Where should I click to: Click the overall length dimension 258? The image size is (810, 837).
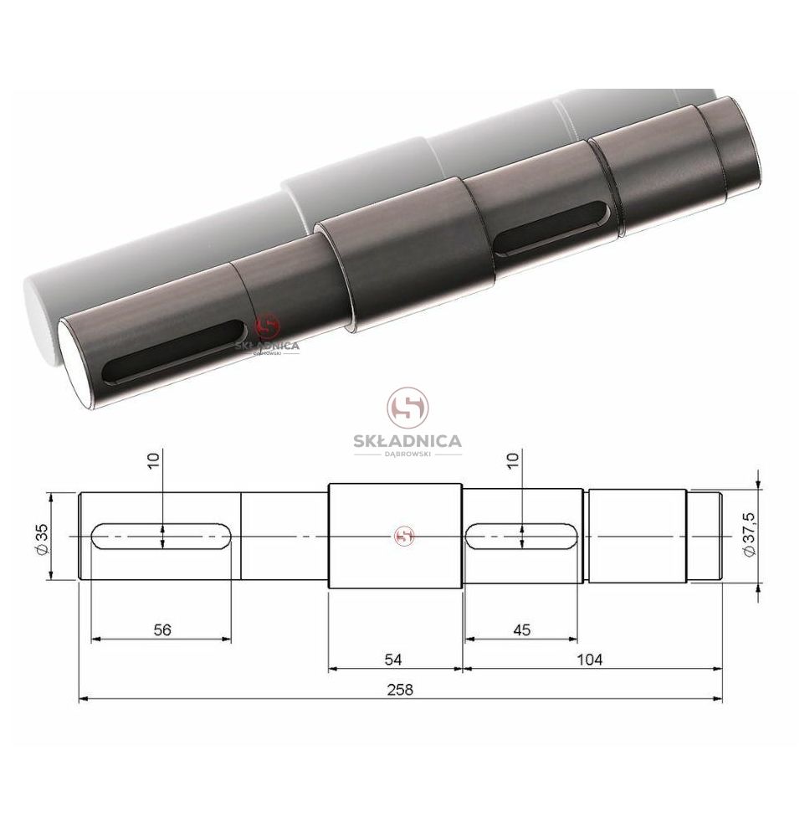pos(400,690)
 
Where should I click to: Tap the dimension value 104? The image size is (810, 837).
pos(590,660)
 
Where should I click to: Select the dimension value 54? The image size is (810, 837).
pos(393,660)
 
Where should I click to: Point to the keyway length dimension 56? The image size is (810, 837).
pos(162,630)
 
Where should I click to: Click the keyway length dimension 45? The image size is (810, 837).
pos(522,630)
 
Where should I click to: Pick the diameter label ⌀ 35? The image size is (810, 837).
pos(42,539)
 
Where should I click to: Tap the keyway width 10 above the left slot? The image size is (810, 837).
pos(153,460)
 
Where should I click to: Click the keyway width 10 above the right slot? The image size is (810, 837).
pos(512,460)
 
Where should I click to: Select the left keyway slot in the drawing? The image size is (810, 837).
pos(161,537)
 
